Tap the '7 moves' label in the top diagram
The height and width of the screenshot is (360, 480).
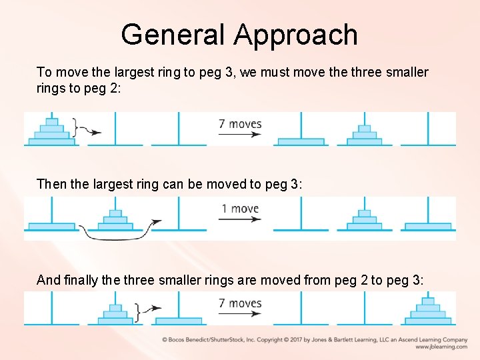(240, 123)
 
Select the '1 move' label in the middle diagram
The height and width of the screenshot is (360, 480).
(240, 209)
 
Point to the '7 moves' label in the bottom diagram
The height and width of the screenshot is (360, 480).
(240, 303)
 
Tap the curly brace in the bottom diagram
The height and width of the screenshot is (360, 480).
(137, 311)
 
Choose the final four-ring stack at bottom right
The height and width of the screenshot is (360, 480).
(428, 311)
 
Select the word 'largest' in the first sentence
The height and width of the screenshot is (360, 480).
(137, 72)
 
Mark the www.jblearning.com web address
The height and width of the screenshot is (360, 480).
(441, 347)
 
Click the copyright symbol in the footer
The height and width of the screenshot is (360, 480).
(165, 339)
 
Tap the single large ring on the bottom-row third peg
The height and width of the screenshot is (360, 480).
(177, 321)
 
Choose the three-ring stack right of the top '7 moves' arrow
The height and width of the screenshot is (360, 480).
(364, 135)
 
